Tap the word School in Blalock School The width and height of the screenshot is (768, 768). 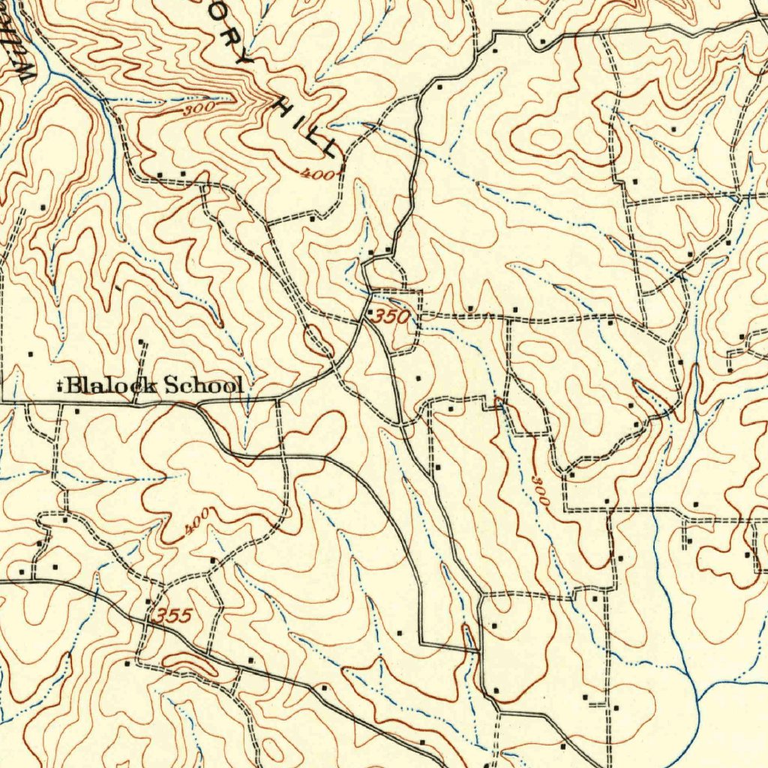pos(203,385)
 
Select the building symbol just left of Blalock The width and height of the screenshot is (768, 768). pos(59,387)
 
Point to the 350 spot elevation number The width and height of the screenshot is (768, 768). pos(392,317)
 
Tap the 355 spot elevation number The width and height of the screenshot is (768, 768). pos(173,616)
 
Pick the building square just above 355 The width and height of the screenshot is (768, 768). pos(148,601)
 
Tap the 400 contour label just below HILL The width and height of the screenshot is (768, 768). pos(314,174)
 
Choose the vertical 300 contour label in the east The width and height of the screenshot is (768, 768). pos(540,490)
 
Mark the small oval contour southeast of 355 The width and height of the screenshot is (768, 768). pos(187,661)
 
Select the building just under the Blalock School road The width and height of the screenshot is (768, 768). pos(77,411)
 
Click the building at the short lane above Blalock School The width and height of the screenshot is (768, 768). pos(141,342)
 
